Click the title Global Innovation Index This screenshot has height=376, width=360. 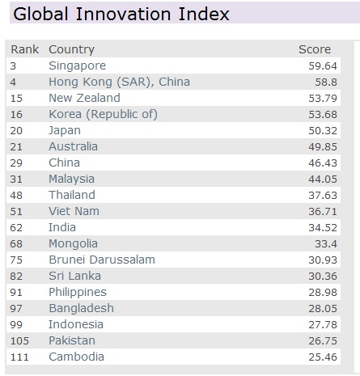tap(121, 15)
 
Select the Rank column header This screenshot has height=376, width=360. tap(24, 50)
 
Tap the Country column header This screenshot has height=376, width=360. tap(71, 50)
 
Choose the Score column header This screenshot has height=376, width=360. tap(315, 50)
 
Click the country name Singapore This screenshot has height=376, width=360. tap(77, 65)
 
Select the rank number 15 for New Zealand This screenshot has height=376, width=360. tap(17, 98)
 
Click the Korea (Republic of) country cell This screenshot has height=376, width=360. tap(103, 114)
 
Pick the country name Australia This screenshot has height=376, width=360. tap(73, 146)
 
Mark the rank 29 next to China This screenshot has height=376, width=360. tap(17, 163)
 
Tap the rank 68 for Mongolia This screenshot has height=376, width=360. tap(17, 243)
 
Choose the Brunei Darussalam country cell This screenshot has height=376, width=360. tap(101, 260)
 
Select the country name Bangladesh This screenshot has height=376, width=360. tap(81, 308)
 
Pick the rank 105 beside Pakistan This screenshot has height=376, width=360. tap(19, 340)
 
